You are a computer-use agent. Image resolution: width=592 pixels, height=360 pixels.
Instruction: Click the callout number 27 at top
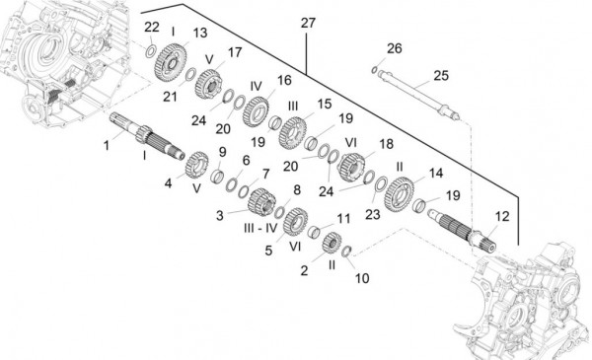click(308, 22)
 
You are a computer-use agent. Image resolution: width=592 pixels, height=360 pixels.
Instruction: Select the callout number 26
click(395, 48)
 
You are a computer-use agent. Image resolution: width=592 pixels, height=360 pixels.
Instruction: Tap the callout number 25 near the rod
click(440, 75)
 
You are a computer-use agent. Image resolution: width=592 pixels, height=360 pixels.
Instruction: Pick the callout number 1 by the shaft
click(107, 146)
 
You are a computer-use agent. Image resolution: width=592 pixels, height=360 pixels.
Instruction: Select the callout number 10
click(361, 279)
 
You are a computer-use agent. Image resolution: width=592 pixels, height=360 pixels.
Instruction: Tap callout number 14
click(434, 173)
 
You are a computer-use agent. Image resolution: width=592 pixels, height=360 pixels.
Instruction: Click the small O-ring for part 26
click(376, 69)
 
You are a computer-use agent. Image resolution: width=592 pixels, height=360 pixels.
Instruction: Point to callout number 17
click(235, 50)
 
